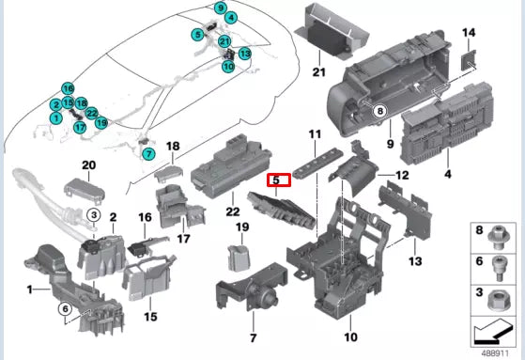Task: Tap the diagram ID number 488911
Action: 496,352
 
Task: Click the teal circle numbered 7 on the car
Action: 147,152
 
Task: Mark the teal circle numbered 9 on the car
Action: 220,8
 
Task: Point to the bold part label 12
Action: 401,176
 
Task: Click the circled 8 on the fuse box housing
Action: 380,113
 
